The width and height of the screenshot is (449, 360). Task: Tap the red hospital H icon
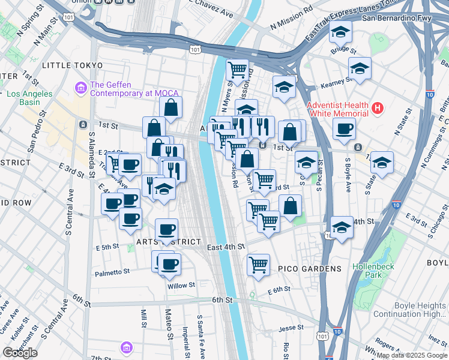(x=377, y=109)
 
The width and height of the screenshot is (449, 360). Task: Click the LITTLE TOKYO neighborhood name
(x=67, y=64)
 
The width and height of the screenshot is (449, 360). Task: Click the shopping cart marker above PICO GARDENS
(x=258, y=263)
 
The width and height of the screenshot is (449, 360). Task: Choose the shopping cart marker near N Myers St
(x=237, y=70)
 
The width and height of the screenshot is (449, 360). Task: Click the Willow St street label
(x=181, y=286)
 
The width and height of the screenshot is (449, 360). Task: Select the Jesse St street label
(x=291, y=328)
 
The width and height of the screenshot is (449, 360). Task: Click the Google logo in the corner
(x=20, y=353)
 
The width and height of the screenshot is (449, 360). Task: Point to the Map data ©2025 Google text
(x=411, y=355)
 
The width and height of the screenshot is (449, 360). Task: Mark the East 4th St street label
(x=226, y=247)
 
